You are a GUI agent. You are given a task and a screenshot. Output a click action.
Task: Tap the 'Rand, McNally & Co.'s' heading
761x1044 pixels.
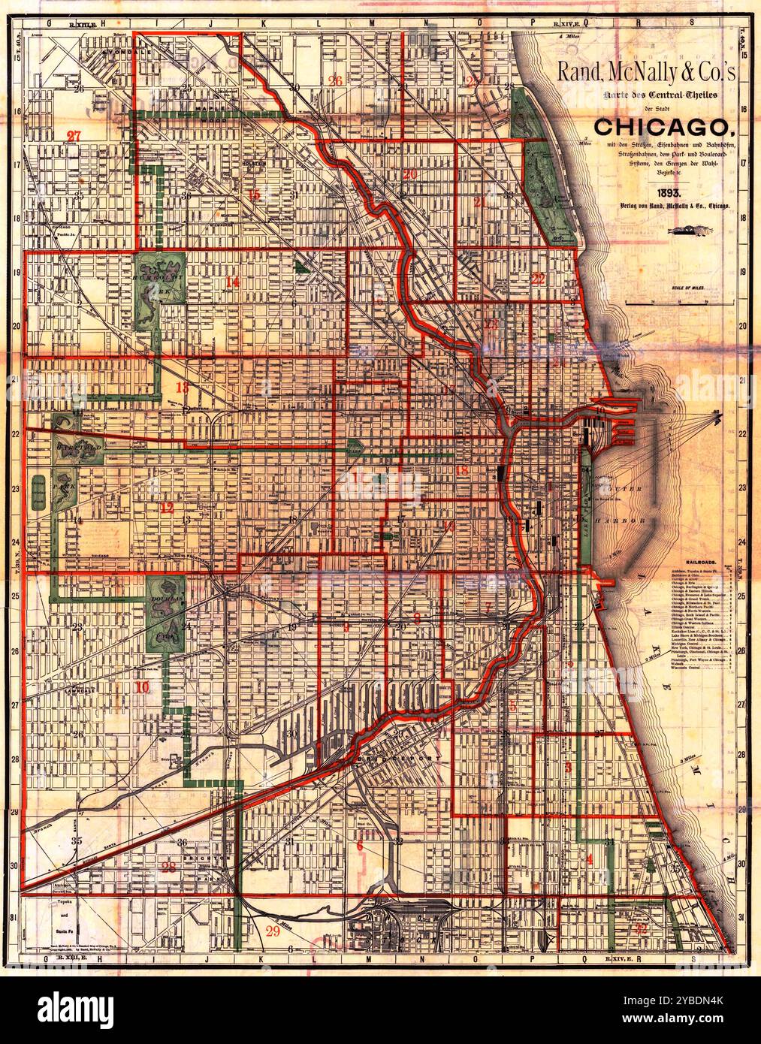pos(648,73)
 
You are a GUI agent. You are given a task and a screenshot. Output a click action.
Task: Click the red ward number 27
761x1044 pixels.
pos(73,136)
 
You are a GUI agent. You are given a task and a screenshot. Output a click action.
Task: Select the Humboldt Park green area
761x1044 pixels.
pos(161,279)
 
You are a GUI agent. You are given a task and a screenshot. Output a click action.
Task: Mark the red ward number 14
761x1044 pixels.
pos(231,282)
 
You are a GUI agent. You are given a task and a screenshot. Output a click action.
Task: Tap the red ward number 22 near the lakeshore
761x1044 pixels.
pos(538,278)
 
